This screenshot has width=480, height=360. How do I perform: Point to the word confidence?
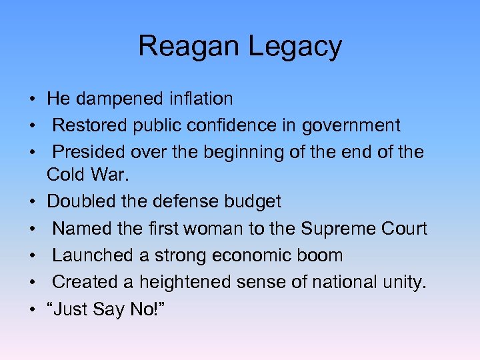pos(245,125)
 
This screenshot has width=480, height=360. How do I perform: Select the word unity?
pos(403,283)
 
